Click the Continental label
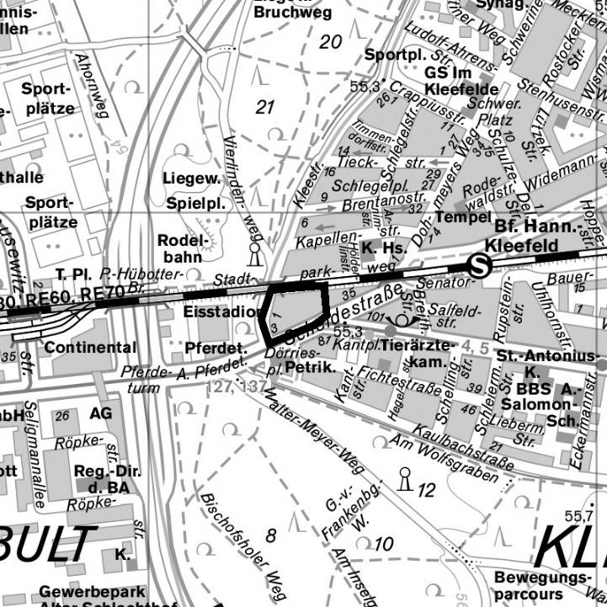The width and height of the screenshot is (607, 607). (x=90, y=347)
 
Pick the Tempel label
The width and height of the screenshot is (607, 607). (x=462, y=217)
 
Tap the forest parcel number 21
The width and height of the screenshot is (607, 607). (x=266, y=107)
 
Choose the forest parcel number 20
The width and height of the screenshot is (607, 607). (x=331, y=41)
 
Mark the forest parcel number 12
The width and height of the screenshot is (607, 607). (x=426, y=490)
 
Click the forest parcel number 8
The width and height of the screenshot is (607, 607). (x=270, y=535)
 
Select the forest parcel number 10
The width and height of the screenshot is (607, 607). (x=383, y=544)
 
